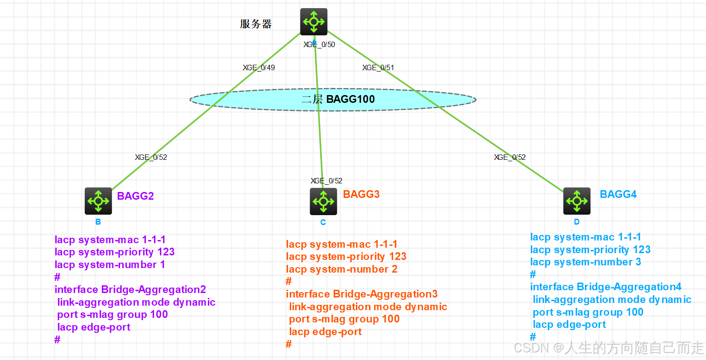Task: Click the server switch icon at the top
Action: point(314,21)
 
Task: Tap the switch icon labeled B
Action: point(98,201)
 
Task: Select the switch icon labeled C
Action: point(323,201)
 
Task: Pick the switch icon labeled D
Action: point(577,201)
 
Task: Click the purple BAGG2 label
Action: point(135,196)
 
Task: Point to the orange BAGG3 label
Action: point(361,194)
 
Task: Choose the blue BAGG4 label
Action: point(618,194)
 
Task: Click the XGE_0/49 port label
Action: point(259,67)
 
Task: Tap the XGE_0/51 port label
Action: point(378,67)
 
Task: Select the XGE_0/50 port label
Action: point(319,44)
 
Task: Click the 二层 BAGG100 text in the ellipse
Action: point(338,99)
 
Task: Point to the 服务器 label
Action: point(256,24)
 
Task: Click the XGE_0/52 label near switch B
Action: point(151,157)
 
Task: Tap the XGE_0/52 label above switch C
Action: point(327,181)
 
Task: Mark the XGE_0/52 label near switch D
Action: point(510,157)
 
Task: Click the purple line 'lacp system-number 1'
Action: point(110,264)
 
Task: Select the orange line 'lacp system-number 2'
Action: point(341,269)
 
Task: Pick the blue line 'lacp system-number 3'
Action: point(586,262)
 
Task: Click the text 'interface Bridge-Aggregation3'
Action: point(362,294)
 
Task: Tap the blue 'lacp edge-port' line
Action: point(569,324)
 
